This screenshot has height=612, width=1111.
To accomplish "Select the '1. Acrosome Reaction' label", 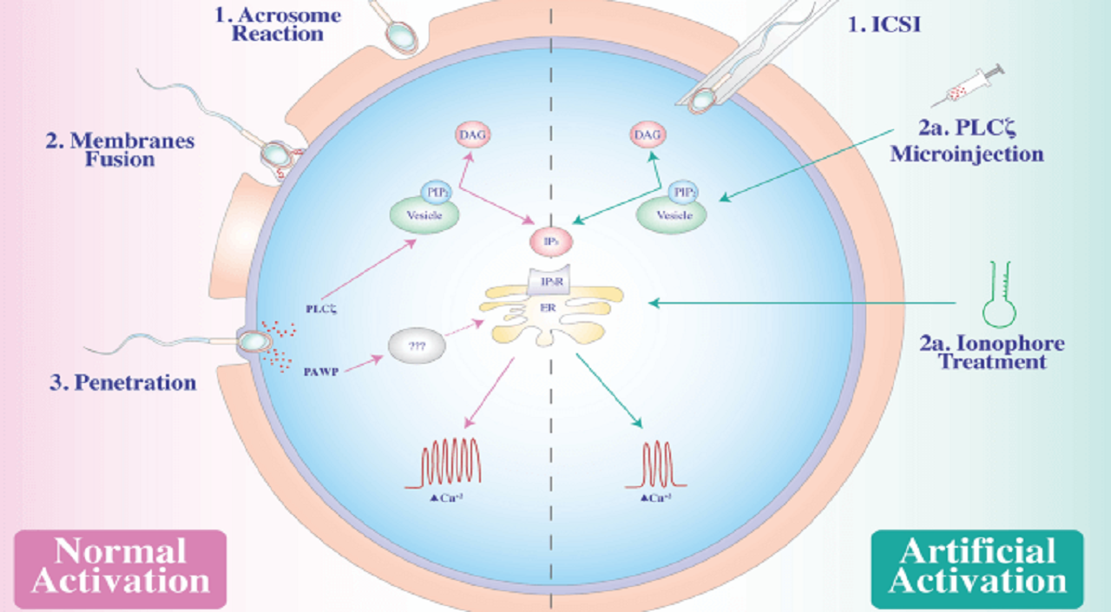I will pyautogui.click(x=276, y=23).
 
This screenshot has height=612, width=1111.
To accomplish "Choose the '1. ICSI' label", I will pyautogui.click(x=884, y=24).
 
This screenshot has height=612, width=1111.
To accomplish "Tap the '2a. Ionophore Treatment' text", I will pyautogui.click(x=992, y=352).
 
